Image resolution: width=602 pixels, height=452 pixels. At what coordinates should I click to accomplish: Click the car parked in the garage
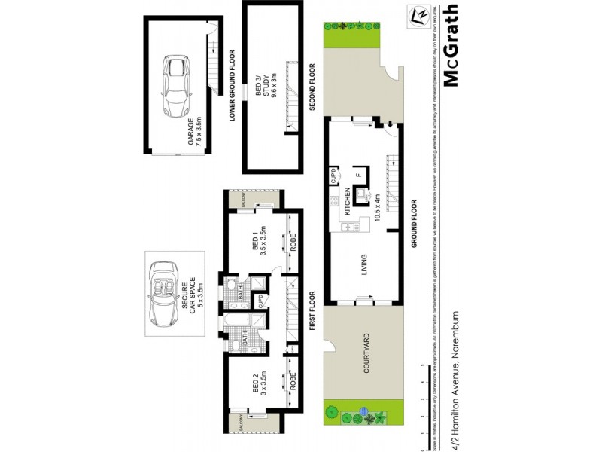[x=176, y=84]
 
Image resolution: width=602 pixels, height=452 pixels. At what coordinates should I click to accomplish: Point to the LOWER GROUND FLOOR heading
[x=233, y=84]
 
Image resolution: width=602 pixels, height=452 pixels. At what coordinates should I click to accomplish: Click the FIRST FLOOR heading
[x=312, y=311]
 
